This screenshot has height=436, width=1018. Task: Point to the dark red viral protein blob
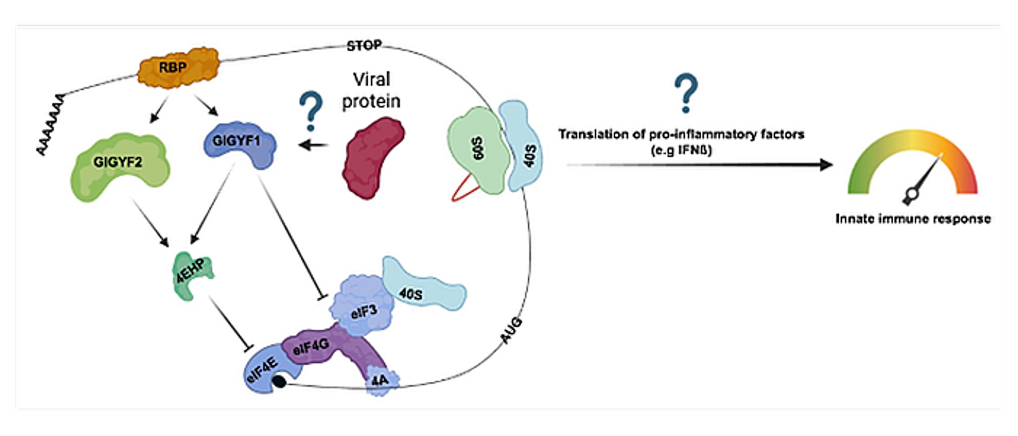pyautogui.click(x=374, y=156)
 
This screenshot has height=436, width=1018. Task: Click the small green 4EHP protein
pyautogui.click(x=191, y=275)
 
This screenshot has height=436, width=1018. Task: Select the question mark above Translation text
pyautogui.click(x=684, y=95)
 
